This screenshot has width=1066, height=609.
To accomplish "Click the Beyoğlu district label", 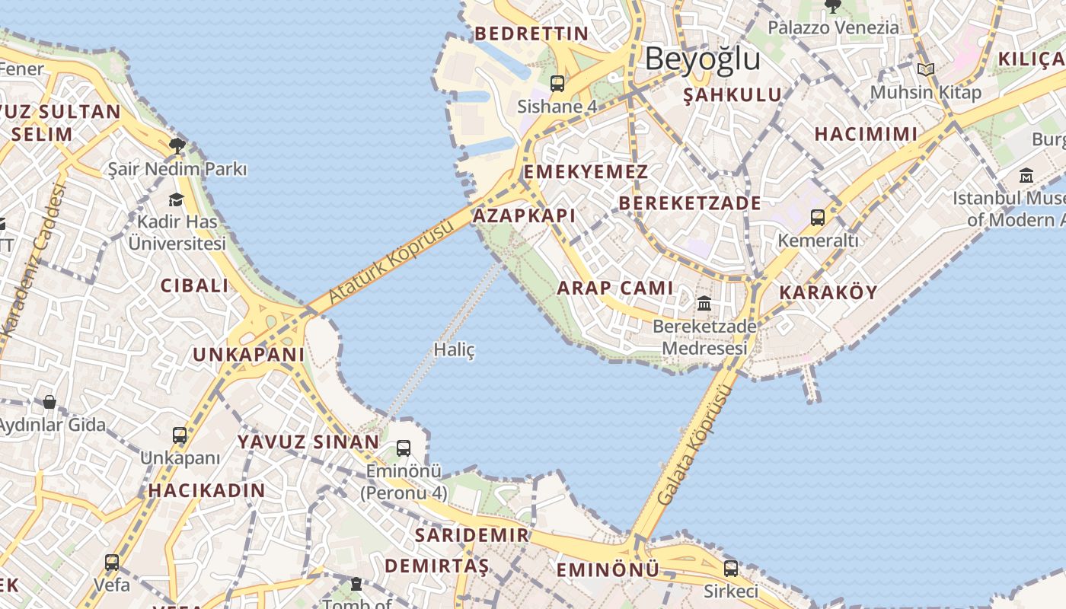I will pyautogui.click(x=702, y=59).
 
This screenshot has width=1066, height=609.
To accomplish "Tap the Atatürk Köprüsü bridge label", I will pyautogui.click(x=393, y=261).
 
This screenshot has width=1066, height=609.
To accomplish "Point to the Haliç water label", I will pyautogui.click(x=454, y=350).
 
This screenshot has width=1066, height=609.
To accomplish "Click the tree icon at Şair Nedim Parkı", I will pyautogui.click(x=178, y=145).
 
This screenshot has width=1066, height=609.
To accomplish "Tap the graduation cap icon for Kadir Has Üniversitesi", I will pyautogui.click(x=177, y=199).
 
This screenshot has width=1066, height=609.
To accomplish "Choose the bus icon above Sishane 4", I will pyautogui.click(x=557, y=84).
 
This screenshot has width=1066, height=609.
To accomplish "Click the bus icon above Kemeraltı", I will pyautogui.click(x=818, y=218).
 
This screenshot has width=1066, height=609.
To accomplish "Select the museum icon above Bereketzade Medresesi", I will pyautogui.click(x=704, y=303).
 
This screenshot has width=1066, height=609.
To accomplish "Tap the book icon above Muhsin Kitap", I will pyautogui.click(x=926, y=70).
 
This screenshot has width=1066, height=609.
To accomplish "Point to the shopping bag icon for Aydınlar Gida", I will pyautogui.click(x=49, y=401).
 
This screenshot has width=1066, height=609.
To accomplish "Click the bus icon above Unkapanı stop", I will pyautogui.click(x=180, y=435).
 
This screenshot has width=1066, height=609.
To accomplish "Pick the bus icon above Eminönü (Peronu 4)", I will pyautogui.click(x=404, y=448).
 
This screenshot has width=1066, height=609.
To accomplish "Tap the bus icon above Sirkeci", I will pyautogui.click(x=730, y=568).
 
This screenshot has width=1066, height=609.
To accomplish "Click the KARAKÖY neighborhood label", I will pyautogui.click(x=828, y=292).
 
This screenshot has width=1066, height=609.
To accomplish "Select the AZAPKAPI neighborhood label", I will pyautogui.click(x=524, y=215).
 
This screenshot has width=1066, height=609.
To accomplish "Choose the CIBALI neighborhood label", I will pyautogui.click(x=194, y=286).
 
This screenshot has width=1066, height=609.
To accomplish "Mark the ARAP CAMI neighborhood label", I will pyautogui.click(x=615, y=288).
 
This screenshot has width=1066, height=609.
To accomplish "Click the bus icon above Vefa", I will pyautogui.click(x=112, y=563).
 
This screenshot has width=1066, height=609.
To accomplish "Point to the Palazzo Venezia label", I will pyautogui.click(x=833, y=28).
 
